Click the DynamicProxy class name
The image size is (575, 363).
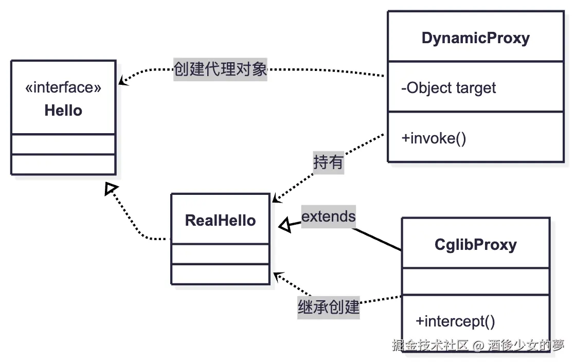coord(475,38)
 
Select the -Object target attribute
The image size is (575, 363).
coord(448,88)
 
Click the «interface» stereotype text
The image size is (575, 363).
coord(63,87)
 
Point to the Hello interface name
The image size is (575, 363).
coord(63,111)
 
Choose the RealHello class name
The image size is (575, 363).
coord(220,221)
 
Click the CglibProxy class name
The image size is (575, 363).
coord(475,244)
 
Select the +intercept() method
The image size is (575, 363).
coord(455,321)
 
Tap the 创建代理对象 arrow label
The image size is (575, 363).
coord(220,69)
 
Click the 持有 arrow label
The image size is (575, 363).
coord(328,162)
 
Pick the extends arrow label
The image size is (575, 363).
coord(328,216)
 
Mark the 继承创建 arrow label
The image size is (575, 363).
coord(328,307)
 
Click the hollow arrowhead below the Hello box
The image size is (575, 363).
coord(111,189)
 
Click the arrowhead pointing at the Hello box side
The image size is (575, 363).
coord(122,81)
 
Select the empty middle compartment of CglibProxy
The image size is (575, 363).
coord(475,281)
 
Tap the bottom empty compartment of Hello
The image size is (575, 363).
coord(63,164)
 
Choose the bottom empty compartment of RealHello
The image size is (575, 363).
coord(220,274)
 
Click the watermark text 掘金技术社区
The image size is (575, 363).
coord(430,345)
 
